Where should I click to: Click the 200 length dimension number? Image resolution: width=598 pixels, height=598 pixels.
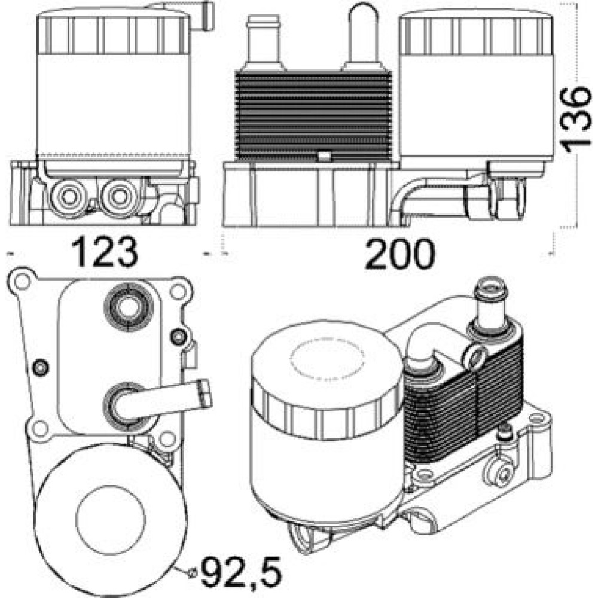click(399, 253)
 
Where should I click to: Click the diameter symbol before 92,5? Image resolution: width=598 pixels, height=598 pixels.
click(191, 573)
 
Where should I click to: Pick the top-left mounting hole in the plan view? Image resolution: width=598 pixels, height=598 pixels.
click(23, 282)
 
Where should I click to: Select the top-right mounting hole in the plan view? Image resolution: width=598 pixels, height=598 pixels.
click(178, 292)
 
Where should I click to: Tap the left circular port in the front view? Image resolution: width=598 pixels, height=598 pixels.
click(69, 197)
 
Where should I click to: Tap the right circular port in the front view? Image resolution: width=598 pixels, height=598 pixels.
click(120, 197)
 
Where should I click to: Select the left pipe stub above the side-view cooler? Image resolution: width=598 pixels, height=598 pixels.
click(263, 42)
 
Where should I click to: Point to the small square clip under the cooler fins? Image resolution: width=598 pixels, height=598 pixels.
click(324, 156)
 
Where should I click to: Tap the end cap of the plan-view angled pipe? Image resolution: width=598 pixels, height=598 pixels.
click(206, 393)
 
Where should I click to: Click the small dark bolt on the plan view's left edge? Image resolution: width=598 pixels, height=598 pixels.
click(41, 367)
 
